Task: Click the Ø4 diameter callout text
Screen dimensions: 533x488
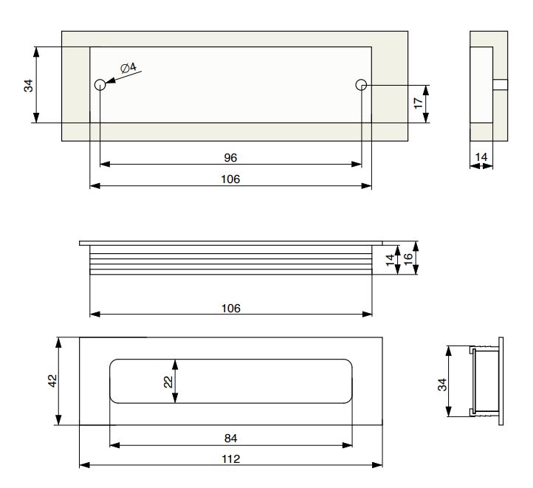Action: tap(128, 68)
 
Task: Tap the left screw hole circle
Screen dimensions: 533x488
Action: tap(100, 85)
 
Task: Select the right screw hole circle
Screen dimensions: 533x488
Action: tap(361, 85)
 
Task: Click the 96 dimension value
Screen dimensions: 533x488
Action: tap(230, 158)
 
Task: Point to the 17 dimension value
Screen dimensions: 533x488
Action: tap(418, 103)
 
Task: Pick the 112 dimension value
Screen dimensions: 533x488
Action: tap(231, 459)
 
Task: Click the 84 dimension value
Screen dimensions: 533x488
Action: tap(230, 438)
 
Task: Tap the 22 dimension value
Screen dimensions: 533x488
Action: tap(168, 382)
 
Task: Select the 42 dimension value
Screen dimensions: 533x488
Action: tap(52, 381)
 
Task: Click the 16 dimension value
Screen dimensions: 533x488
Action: tap(408, 258)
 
